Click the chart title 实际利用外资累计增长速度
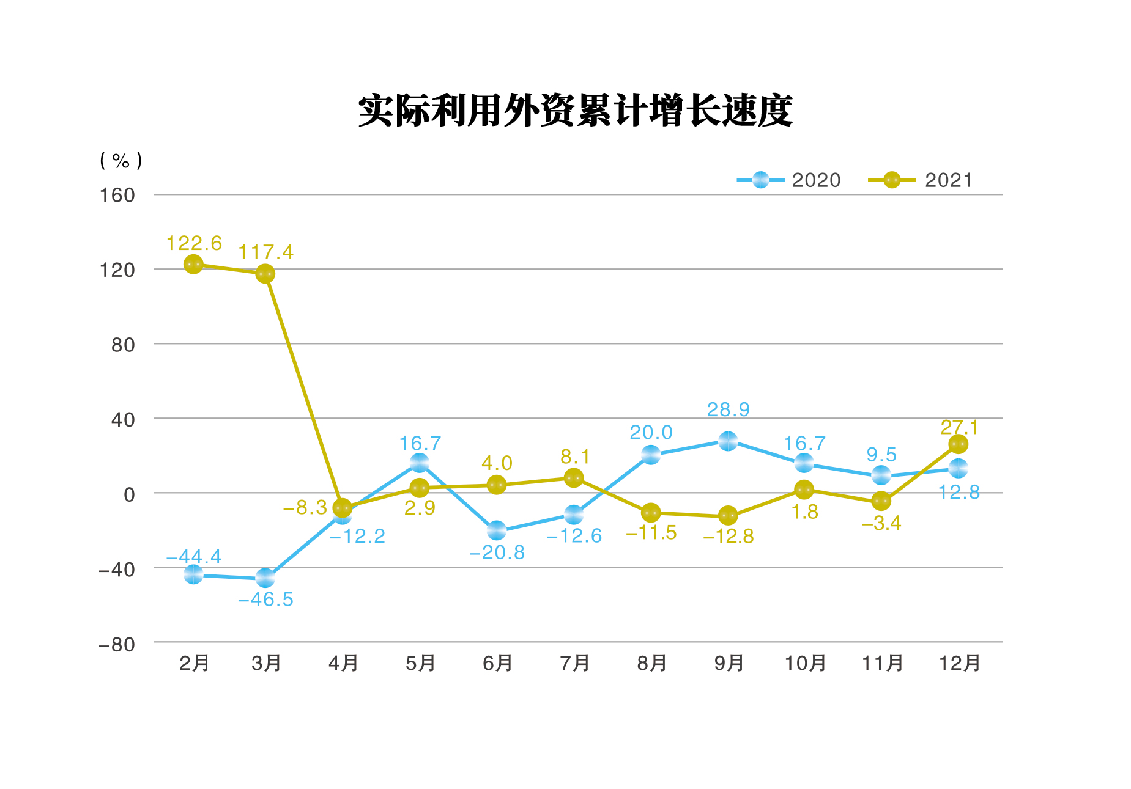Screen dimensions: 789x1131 575,111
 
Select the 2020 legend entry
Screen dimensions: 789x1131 789,180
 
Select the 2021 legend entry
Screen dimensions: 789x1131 921,180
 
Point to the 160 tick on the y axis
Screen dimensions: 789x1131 117,196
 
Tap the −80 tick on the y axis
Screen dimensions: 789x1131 117,645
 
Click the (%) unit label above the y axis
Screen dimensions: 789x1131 121,161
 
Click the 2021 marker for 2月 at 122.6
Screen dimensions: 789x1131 193,265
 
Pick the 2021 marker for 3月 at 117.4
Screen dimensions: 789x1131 265,274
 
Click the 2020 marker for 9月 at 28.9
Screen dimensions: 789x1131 728,441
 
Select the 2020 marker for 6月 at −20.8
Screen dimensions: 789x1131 497,530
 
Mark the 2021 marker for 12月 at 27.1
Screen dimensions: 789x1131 959,444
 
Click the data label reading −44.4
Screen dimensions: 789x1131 194,557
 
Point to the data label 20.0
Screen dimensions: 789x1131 651,433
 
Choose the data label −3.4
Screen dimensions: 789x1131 881,523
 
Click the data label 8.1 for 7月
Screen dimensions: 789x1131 575,457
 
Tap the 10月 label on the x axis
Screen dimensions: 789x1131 805,663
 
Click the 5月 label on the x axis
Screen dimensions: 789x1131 420,663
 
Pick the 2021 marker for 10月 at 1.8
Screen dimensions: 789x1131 804,490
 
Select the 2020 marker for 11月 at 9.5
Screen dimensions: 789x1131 881,475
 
